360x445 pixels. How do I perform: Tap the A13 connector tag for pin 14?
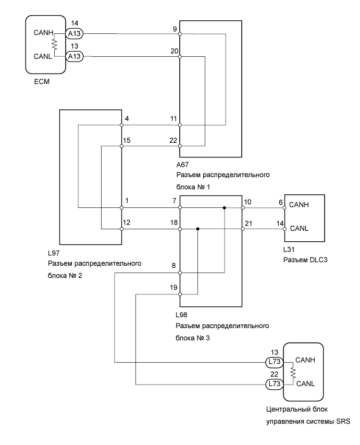click(73, 34)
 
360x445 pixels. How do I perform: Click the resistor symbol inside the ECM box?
click(54, 45)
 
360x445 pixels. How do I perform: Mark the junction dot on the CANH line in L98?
click(225, 207)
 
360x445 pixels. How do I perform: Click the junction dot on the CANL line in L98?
click(198, 229)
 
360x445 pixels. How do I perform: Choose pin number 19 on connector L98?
click(173, 288)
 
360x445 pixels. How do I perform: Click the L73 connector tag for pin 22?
click(273, 385)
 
